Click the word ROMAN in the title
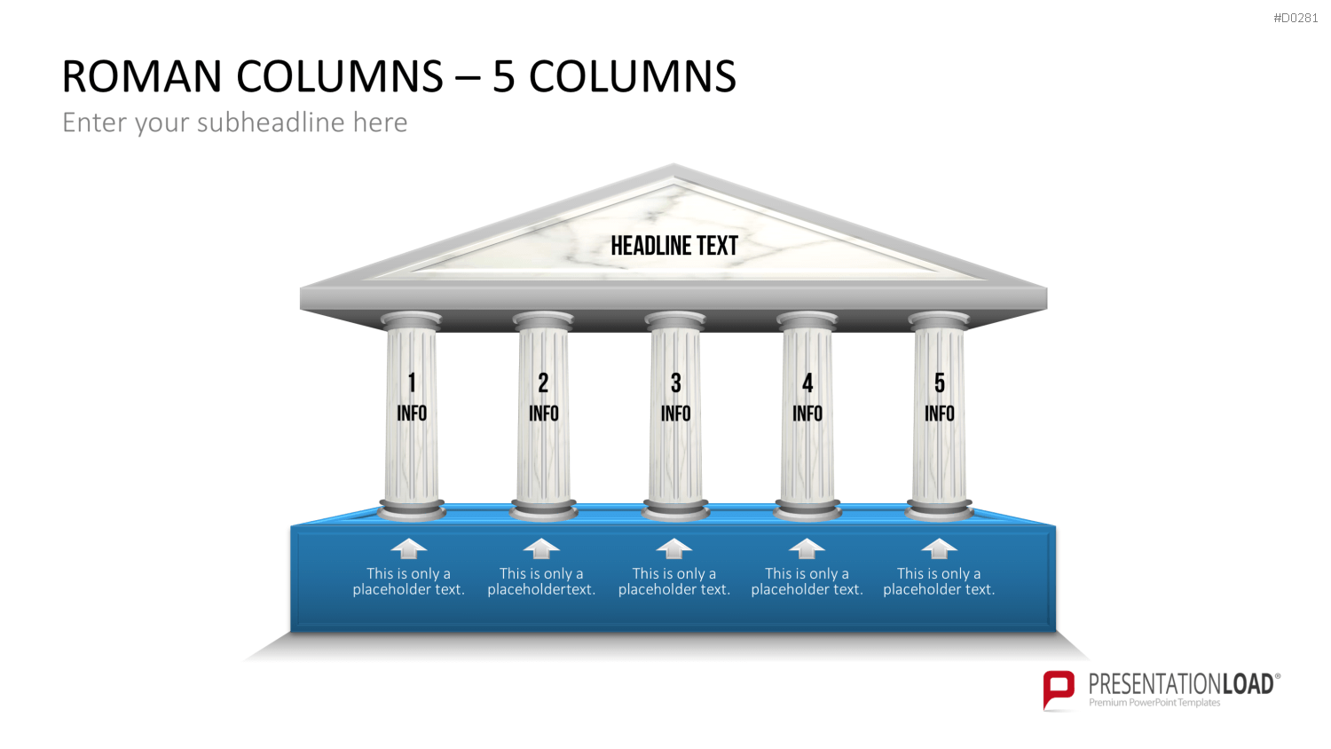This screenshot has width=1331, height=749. point(142,76)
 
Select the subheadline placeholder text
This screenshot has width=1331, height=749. point(235,122)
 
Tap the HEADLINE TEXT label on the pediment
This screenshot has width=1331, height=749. point(674,246)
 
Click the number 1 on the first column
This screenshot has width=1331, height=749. point(412,383)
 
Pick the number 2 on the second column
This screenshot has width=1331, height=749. point(543,383)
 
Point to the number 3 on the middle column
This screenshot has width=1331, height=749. point(675,383)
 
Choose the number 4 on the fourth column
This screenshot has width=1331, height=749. point(807,383)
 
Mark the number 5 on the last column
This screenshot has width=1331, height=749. point(940,383)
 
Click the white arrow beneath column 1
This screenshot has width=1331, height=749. point(409,548)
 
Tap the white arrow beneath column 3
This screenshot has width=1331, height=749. point(673,548)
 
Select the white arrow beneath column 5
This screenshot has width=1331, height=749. point(939,548)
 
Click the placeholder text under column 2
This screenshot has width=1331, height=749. point(541,581)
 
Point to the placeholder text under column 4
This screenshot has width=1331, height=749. point(807,581)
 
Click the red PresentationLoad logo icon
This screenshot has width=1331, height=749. point(1059,690)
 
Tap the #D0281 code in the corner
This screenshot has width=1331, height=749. point(1296,18)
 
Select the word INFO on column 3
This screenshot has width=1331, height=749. point(675,414)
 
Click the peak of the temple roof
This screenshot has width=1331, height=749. point(673,165)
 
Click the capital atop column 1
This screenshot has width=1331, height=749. point(411,320)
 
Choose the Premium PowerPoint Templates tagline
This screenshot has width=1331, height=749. point(1154,703)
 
